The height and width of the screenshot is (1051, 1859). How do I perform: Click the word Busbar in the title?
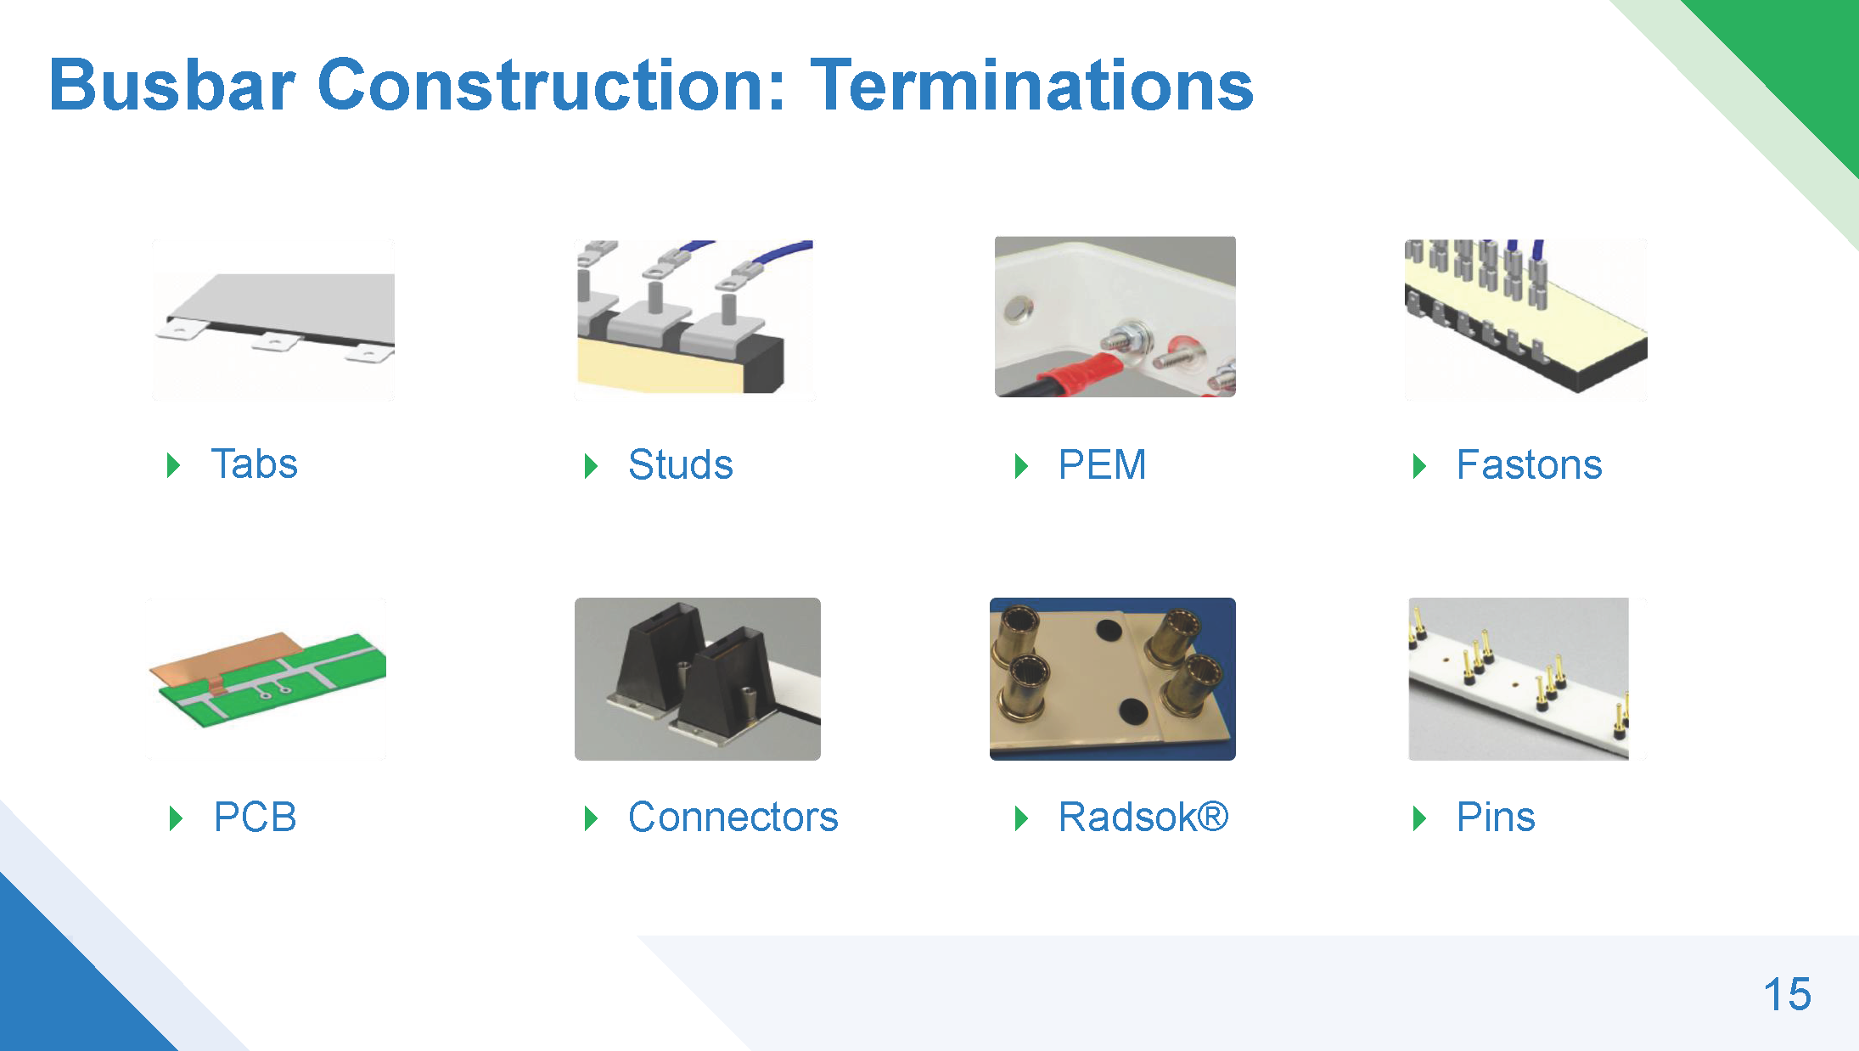(x=172, y=85)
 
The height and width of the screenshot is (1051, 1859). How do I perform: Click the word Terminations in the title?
(x=1031, y=85)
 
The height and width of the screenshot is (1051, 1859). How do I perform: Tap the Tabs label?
(x=254, y=464)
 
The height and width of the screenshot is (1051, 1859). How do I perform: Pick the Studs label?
(x=680, y=464)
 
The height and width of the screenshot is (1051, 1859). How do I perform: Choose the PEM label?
(x=1102, y=464)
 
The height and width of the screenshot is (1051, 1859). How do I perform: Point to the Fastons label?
(x=1529, y=464)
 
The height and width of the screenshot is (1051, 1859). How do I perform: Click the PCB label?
(x=255, y=817)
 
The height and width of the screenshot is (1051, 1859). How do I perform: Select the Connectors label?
(x=733, y=817)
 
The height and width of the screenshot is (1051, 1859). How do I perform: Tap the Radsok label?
(x=1143, y=817)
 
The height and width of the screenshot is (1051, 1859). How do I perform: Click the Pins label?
(x=1496, y=817)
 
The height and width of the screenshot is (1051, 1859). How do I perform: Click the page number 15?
(x=1787, y=994)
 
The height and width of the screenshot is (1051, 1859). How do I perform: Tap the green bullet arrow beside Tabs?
(x=174, y=465)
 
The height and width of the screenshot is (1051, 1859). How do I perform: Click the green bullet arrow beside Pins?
(x=1419, y=818)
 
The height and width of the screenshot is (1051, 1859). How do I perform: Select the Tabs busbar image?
(x=273, y=319)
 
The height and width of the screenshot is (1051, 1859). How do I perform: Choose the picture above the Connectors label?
(x=698, y=679)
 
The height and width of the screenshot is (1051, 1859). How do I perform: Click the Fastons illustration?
(x=1525, y=319)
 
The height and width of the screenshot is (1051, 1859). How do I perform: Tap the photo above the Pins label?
(x=1519, y=679)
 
